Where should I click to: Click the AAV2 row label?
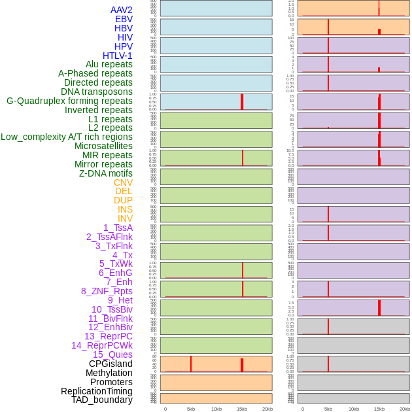121,10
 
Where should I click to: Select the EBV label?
124,19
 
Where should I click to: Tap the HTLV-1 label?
117,56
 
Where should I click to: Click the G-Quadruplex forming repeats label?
69,101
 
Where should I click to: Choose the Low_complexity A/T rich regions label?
67,137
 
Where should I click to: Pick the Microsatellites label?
103,146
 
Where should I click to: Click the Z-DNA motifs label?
106,173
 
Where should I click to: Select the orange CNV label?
123,182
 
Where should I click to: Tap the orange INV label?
125,218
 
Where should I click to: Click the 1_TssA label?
118,228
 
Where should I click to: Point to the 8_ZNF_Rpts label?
107,291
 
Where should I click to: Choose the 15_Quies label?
112,354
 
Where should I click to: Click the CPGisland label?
111,364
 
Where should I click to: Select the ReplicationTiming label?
97,391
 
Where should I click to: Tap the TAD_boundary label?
102,400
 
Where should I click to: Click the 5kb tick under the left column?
191,409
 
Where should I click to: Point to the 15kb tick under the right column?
379,409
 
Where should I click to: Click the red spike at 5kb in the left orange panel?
191,364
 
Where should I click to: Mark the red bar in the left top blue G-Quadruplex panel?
242,101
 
